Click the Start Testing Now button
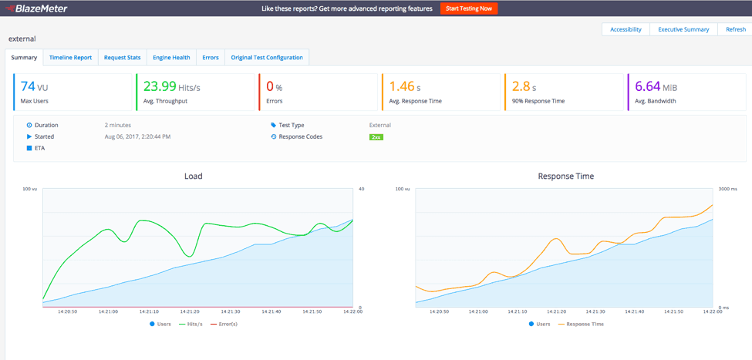click(469, 8)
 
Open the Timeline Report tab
click(70, 57)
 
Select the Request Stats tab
click(123, 57)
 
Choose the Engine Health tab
click(171, 57)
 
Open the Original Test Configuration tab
click(267, 57)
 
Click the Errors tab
click(211, 57)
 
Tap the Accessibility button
click(626, 29)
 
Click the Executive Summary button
click(683, 29)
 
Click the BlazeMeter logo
click(38, 8)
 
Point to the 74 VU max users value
click(34, 87)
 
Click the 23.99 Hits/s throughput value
click(171, 87)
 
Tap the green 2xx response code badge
click(376, 136)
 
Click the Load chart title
click(193, 176)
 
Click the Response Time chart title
click(565, 176)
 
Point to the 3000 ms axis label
click(729, 189)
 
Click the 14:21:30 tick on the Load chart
click(231, 311)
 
